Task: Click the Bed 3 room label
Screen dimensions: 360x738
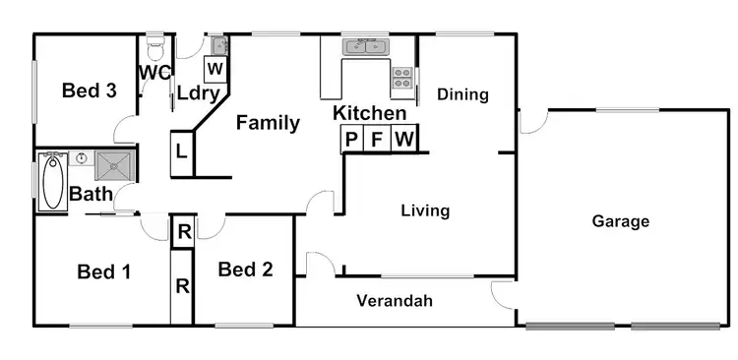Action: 90,91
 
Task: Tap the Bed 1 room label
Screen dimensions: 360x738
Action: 104,271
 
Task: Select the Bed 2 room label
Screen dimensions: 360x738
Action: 245,270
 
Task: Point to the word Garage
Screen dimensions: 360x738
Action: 620,221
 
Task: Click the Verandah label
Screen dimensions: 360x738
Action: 395,301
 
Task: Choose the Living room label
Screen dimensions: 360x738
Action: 425,210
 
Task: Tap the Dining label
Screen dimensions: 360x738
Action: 462,94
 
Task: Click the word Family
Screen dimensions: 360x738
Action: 268,123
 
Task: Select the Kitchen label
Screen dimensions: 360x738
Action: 369,114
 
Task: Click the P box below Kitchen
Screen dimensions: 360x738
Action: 351,140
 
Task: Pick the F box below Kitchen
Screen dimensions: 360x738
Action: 377,140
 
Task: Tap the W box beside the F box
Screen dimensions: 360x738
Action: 403,140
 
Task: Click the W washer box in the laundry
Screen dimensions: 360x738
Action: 215,69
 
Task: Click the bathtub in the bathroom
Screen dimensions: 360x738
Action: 52,182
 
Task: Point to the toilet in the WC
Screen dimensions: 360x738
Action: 155,47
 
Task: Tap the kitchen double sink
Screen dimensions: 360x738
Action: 366,46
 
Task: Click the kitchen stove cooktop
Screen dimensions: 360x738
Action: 402,74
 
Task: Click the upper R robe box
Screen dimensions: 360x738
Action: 183,233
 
